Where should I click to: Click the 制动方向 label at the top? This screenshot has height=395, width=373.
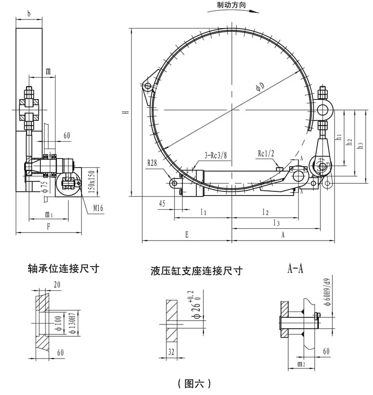231,5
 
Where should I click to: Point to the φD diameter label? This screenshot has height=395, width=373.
260,87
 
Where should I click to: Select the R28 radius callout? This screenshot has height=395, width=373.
152,163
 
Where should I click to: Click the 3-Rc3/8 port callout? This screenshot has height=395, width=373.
216,155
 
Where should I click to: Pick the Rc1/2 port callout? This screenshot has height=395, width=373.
266,153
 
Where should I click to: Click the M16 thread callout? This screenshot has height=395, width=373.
98,208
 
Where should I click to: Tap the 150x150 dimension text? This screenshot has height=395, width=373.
91,181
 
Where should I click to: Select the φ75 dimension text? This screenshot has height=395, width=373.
45,187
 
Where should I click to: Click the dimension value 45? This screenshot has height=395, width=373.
162,203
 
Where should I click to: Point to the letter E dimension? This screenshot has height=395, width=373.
187,235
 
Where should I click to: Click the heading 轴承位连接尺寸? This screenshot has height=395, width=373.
63,269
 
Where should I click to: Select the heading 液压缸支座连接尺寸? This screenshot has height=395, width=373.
197,271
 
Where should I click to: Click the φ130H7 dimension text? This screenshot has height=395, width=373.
72,323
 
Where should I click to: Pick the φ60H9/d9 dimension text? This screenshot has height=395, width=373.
328,292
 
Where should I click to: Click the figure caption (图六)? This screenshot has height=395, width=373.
194,384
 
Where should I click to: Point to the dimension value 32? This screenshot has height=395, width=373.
171,351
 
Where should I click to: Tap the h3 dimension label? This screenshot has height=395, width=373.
360,145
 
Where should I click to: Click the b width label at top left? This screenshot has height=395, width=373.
29,13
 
